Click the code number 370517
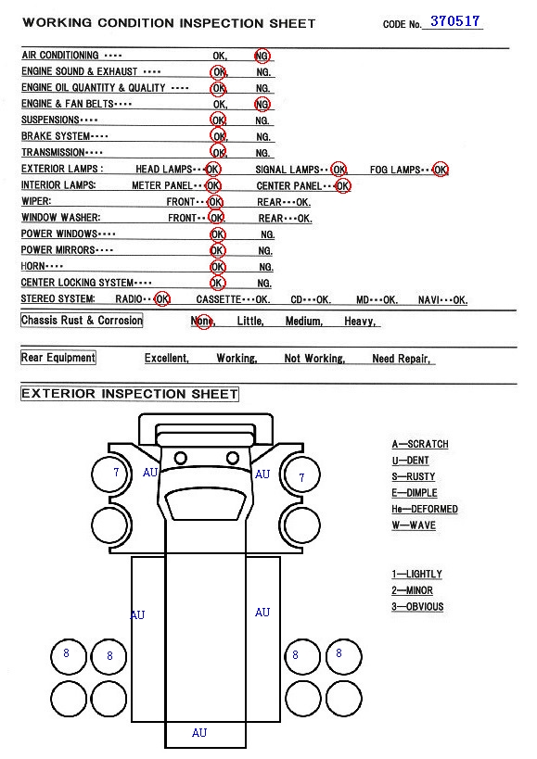point(454,20)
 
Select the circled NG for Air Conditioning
point(262,56)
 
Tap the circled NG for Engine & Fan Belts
point(262,104)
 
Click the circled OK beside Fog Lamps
point(441,170)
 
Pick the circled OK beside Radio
point(162,299)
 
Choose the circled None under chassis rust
point(202,321)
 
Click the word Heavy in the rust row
point(359,321)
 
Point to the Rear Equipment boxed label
point(58,358)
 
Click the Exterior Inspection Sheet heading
point(130,394)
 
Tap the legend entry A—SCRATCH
point(420,444)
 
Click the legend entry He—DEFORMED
point(425,509)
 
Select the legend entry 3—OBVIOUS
point(417,606)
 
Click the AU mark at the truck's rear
point(199,733)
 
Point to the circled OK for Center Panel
point(342,186)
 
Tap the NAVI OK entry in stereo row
point(442,299)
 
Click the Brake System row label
point(64,136)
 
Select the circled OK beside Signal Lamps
point(339,170)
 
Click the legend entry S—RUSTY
point(414,476)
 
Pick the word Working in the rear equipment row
point(237,359)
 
